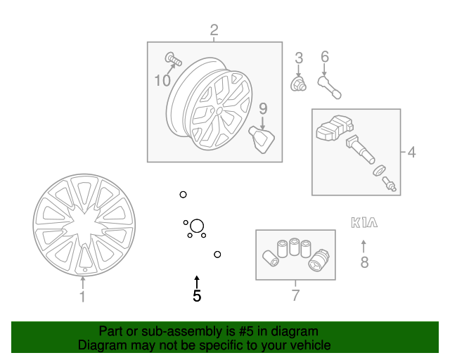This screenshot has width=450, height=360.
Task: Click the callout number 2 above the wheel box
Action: [214, 30]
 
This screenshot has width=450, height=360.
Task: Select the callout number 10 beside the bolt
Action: [162, 81]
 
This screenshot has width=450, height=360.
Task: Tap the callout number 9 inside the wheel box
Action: [263, 108]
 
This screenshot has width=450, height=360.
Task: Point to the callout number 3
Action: [298, 58]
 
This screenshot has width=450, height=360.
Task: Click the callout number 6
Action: [324, 57]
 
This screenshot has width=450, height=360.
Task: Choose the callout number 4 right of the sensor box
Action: [412, 151]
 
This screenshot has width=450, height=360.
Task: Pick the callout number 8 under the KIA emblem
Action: [364, 263]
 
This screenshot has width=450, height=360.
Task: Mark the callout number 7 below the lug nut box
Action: [295, 295]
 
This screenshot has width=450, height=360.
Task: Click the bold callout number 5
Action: [197, 297]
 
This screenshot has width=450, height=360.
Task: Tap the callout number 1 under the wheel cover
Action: [82, 297]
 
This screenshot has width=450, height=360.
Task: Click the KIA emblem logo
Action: [364, 223]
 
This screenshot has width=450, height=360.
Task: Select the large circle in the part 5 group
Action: [197, 226]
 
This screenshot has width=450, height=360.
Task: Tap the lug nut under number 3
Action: [298, 85]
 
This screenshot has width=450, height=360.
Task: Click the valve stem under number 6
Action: [328, 88]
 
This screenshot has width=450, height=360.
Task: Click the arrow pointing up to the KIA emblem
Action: [364, 246]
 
